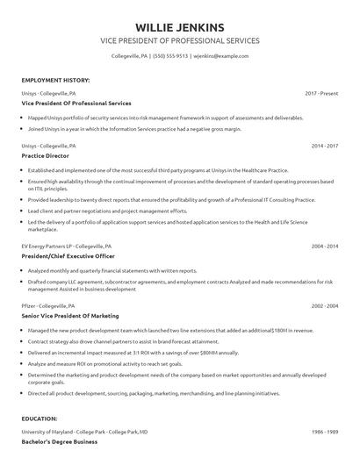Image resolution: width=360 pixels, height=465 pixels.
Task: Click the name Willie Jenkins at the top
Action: point(180,26)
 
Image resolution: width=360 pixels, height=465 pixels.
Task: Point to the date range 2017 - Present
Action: point(320,92)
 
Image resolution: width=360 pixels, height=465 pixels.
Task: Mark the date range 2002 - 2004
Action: point(324,305)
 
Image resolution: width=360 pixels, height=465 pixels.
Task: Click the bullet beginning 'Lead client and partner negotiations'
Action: point(107,211)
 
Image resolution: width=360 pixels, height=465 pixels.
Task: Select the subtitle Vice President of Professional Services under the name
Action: point(180,40)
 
